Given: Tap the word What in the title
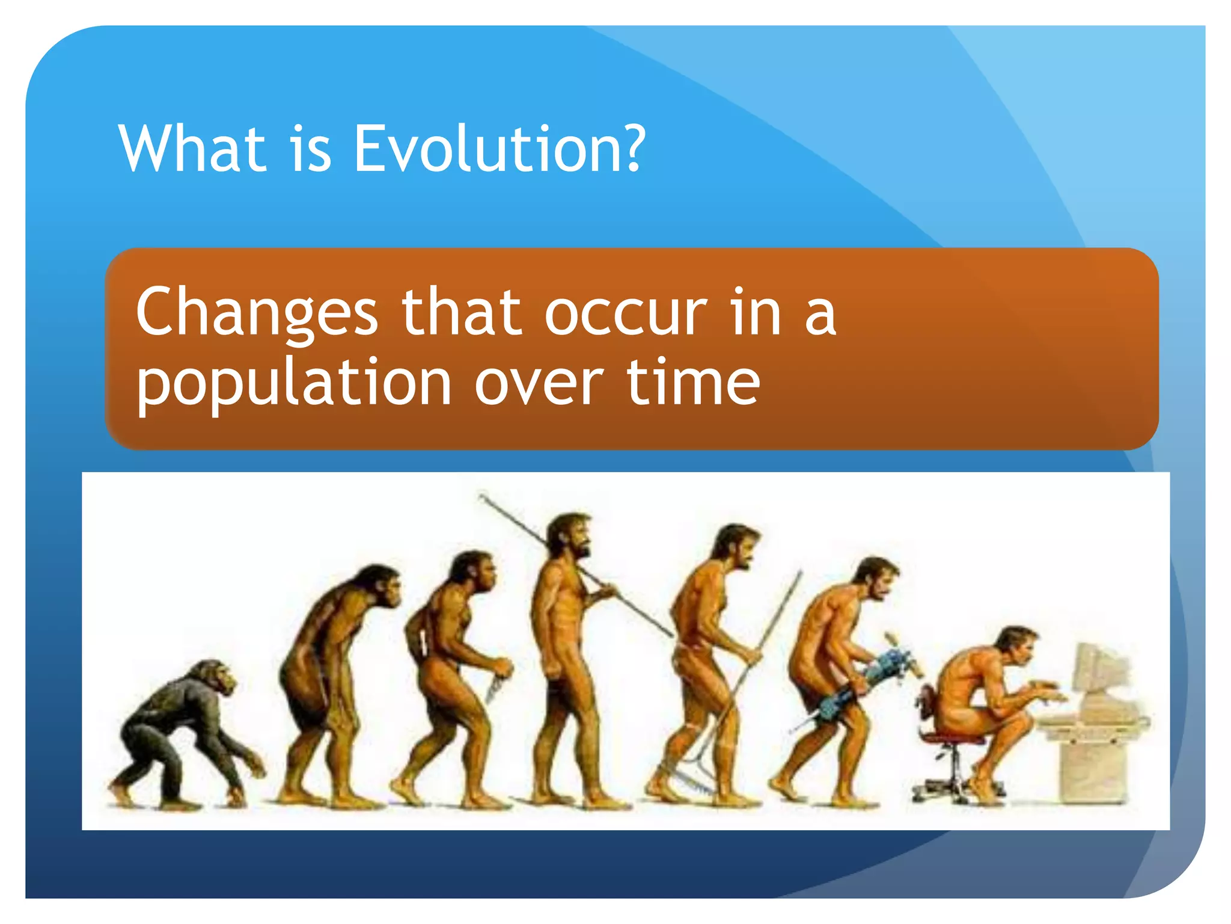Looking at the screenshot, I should click(192, 149).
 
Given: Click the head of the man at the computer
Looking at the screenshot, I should click(1016, 647).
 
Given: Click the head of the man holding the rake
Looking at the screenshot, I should click(736, 544).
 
